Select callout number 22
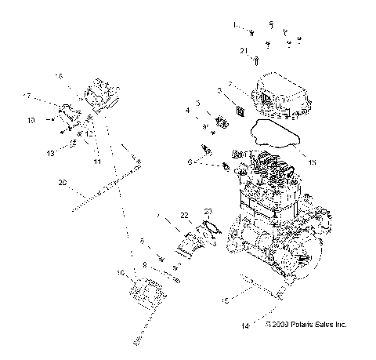184,215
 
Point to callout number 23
208,211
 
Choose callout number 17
49,96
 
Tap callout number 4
188,111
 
